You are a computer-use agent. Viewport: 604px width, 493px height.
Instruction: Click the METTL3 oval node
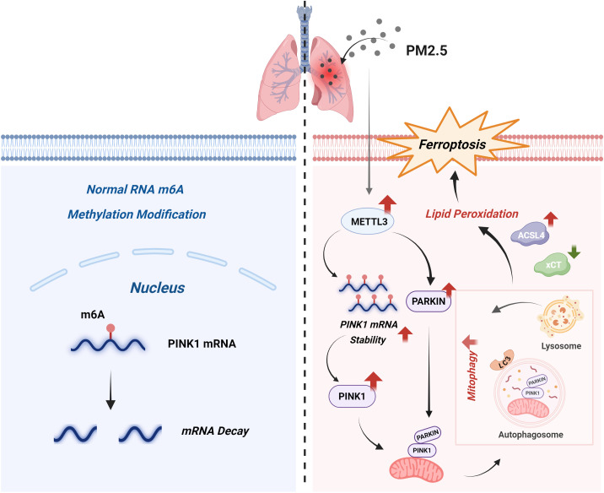[367, 222]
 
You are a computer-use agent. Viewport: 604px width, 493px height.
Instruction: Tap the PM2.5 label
[427, 51]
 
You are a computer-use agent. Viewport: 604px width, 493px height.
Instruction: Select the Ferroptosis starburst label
[452, 144]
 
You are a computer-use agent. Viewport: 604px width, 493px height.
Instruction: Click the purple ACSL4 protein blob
[531, 235]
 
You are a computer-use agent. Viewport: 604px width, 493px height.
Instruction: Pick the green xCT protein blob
[553, 265]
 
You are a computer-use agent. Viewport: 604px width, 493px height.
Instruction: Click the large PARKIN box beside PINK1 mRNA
[429, 301]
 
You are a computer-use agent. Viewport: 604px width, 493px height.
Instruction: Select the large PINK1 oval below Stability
[352, 396]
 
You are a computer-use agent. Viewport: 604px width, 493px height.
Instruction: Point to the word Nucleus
[158, 288]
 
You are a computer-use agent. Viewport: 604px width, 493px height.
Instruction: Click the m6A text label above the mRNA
[93, 315]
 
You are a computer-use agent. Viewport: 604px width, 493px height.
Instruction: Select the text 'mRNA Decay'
[215, 431]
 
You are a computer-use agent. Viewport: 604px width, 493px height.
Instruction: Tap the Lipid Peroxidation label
[472, 214]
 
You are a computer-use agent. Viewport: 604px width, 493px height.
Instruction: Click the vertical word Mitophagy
[472, 377]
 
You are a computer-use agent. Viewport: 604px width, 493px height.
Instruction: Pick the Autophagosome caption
[531, 435]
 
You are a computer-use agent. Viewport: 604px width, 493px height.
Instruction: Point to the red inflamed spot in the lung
[329, 71]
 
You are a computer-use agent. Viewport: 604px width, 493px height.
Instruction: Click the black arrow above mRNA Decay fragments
[111, 390]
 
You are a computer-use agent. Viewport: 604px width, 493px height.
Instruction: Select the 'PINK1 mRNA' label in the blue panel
[202, 344]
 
